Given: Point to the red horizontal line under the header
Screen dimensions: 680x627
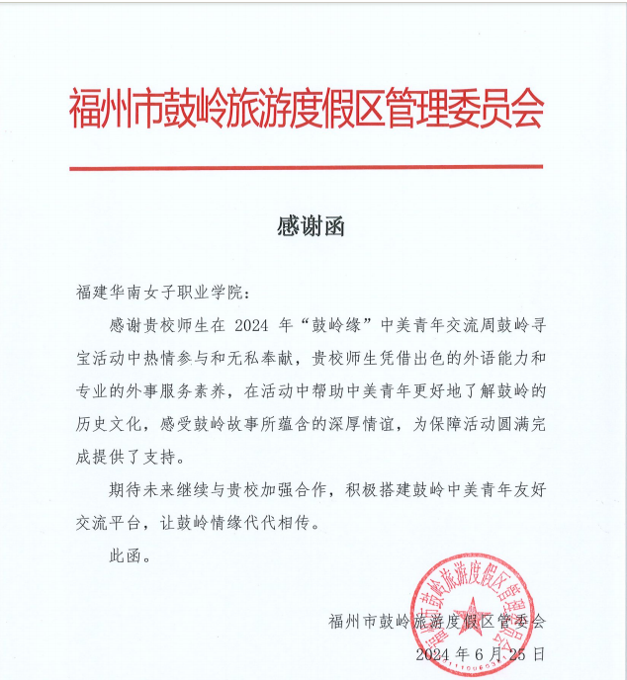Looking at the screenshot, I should pos(306,168).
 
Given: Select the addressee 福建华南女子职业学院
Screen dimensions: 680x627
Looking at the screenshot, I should pos(162,294).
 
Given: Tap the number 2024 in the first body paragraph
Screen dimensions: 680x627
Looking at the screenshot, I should pos(251,325).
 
